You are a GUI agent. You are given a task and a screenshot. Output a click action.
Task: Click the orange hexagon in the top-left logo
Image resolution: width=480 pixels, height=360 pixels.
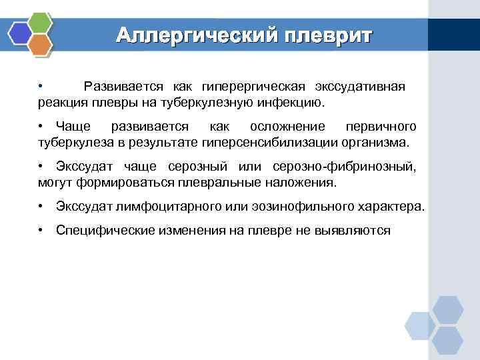(41, 45)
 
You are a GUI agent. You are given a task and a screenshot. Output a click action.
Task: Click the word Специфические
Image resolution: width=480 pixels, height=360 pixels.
(100, 230)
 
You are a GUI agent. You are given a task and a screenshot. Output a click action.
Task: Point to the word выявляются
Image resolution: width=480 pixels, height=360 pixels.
(357, 230)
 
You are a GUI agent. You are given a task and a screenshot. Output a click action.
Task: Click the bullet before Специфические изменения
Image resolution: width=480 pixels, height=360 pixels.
(41, 230)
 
